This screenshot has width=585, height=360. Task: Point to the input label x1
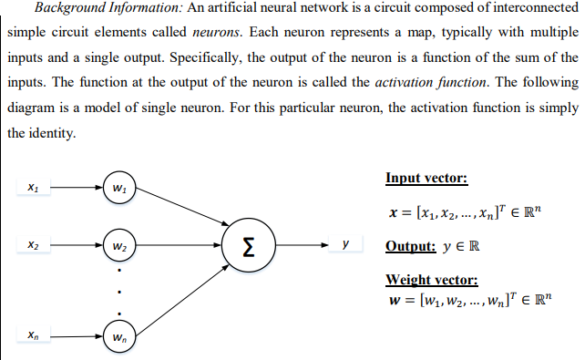[33, 189]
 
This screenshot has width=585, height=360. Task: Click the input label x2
[33, 246]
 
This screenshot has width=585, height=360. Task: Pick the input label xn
[33, 336]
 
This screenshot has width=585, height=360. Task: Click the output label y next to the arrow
[344, 245]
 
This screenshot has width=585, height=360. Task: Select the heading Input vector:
[426, 178]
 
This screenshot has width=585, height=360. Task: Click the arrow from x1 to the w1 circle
[76, 189]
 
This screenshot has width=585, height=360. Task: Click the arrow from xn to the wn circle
[76, 336]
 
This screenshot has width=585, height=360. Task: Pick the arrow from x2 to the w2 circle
[76, 246]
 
